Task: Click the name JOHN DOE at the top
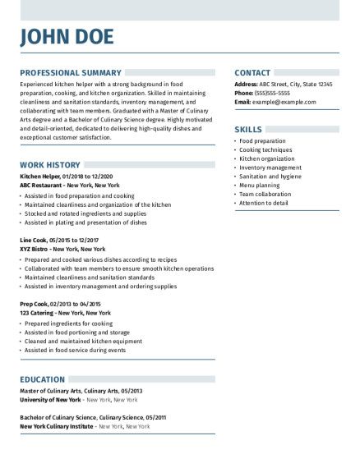[67, 37]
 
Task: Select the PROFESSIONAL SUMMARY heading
[71, 73]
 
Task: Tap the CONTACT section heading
[254, 73]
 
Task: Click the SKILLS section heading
[248, 130]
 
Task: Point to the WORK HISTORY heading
[49, 165]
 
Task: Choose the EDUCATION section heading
[43, 379]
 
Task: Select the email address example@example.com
[284, 102]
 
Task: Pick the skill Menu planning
[260, 185]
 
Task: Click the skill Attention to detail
[264, 203]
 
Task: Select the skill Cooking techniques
[265, 149]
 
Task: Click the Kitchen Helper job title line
[67, 177]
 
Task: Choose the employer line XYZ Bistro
[62, 249]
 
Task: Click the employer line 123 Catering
[65, 313]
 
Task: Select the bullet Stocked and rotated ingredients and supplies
[85, 213]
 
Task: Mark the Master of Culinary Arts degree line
[81, 391]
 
